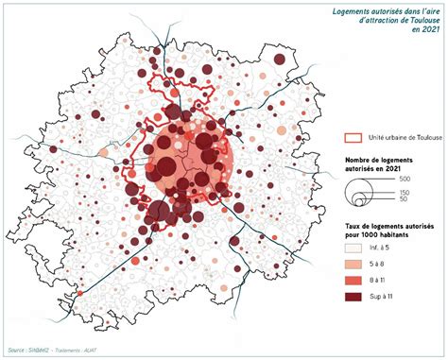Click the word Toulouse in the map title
pos(419,20)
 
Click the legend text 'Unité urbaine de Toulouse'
pos(406,137)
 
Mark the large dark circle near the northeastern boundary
pos(280,60)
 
